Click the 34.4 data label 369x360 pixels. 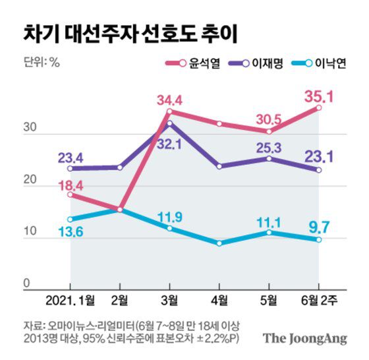(x=170, y=100)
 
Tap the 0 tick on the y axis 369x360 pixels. (x=27, y=284)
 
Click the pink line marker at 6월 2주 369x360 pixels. (x=319, y=107)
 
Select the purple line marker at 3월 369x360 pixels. (x=170, y=123)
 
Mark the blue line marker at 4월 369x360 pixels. (x=219, y=243)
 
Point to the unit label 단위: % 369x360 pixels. (x=42, y=64)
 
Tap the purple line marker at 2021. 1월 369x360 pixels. (x=71, y=168)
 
